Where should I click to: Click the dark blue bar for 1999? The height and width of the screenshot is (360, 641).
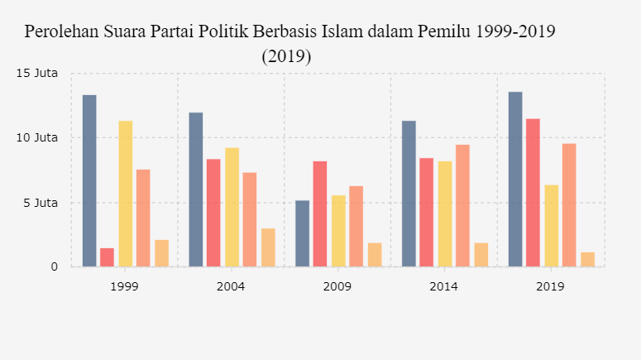tap(89, 180)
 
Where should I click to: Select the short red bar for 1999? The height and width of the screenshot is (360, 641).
tap(107, 257)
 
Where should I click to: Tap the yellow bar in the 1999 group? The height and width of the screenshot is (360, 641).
tap(125, 194)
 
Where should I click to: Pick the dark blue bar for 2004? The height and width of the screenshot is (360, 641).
tap(196, 190)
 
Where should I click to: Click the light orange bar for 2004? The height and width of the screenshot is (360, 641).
tap(268, 247)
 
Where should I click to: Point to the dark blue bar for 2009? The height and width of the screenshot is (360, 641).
tap(302, 233)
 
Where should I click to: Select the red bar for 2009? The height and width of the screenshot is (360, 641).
tap(320, 214)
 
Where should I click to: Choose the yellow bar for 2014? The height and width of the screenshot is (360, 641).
tap(444, 214)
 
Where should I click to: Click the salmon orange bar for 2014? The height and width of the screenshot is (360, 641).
tap(462, 205)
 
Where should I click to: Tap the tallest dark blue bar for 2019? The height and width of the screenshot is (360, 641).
tap(515, 179)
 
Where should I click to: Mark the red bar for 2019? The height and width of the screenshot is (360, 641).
tap(533, 192)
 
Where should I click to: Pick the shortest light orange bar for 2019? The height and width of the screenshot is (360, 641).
tap(587, 259)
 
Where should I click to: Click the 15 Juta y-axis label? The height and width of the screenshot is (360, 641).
tap(36, 73)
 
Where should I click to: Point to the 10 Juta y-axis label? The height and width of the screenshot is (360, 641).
tap(36, 137)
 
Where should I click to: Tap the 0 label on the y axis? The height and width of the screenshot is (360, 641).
tap(55, 266)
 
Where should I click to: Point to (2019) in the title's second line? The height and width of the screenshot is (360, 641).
tap(286, 56)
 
